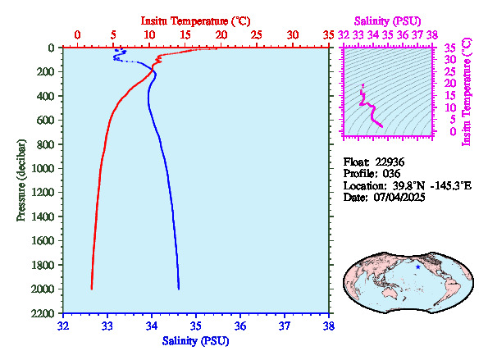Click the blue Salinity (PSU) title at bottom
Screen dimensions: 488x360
point(195,341)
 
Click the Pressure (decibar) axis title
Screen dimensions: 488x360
point(21,180)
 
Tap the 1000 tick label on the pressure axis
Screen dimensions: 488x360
point(43,168)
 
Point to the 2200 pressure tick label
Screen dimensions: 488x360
point(43,313)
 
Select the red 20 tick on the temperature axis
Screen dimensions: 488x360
point(221,34)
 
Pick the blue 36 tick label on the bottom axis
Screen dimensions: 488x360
point(240,326)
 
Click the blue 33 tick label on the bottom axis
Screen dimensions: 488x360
point(107,326)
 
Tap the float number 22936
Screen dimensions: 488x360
point(390,162)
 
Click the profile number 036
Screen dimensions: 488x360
point(391,174)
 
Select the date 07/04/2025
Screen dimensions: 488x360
point(399,198)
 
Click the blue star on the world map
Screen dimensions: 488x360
point(418,267)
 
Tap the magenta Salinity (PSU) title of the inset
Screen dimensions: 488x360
point(387,21)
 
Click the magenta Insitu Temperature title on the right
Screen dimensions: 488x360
point(467,92)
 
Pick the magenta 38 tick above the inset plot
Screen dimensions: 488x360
point(432,34)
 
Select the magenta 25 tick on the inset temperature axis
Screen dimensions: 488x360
point(449,72)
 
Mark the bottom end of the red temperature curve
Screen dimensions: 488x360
point(92,289)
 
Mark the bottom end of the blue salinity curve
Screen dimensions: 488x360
point(179,289)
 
